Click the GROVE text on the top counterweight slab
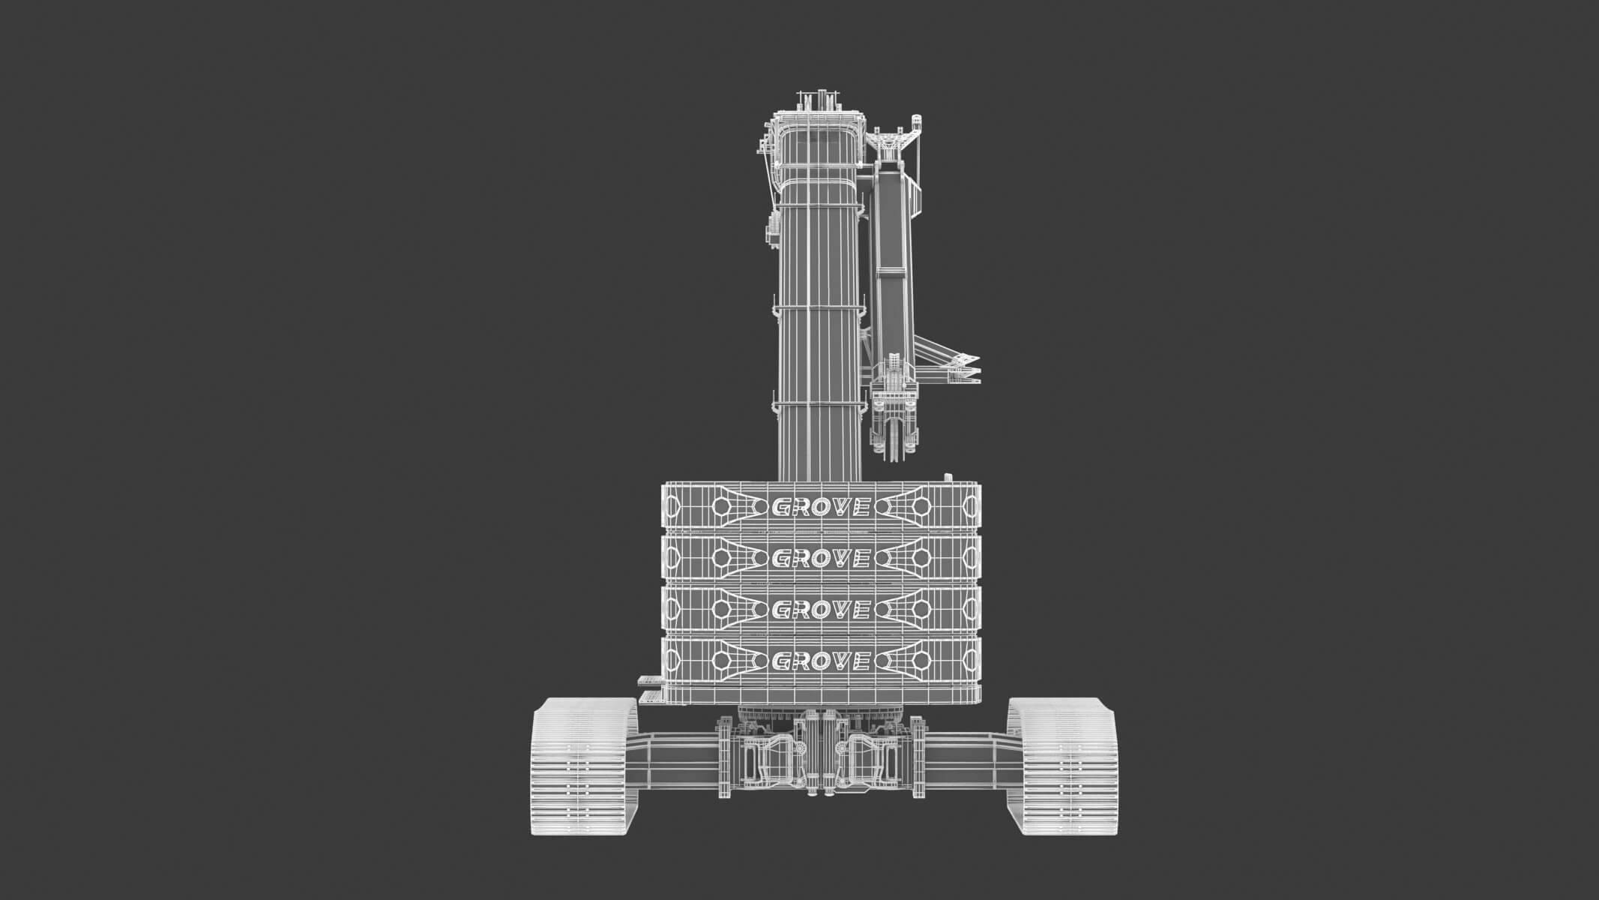(820, 508)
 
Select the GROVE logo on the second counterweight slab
(820, 558)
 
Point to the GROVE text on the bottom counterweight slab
(820, 661)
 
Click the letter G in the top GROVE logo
(782, 508)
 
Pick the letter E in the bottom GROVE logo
(859, 661)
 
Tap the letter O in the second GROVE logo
(820, 558)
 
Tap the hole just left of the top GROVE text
(721, 508)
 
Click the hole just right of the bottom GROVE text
(920, 661)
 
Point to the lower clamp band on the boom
(819, 406)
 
